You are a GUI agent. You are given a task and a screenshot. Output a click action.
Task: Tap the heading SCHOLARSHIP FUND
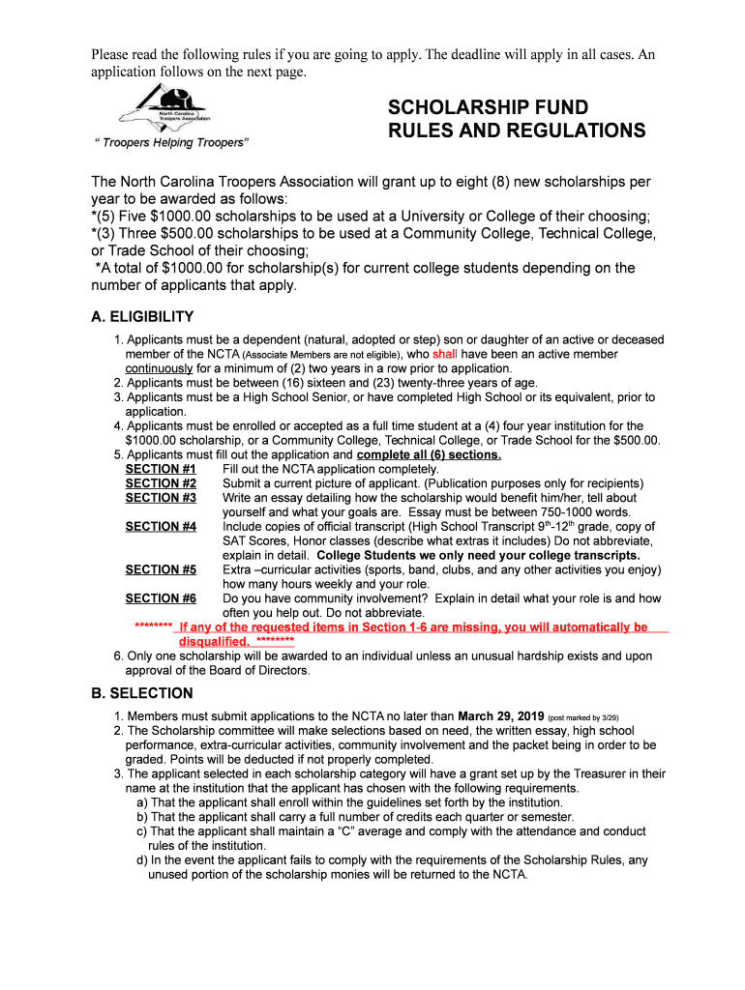coord(488,107)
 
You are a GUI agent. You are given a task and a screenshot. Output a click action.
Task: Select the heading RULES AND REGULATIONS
coord(517,131)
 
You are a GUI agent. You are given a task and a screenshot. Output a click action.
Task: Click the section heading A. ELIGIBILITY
coord(142,316)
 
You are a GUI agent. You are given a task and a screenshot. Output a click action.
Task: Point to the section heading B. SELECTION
coord(141,693)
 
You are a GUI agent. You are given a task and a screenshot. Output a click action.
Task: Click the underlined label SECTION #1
coord(161,469)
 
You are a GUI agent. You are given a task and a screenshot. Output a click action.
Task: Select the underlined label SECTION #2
coord(161,483)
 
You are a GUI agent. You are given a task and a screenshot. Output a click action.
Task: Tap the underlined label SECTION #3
coord(161,498)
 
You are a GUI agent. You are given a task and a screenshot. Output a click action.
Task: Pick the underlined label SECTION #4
coord(161,527)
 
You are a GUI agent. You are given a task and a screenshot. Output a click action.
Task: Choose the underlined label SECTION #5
coord(161,570)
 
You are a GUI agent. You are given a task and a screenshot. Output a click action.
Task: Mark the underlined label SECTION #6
coord(161,599)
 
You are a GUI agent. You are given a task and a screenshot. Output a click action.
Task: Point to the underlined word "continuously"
coord(160,368)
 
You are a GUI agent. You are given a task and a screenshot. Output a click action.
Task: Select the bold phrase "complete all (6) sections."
coord(429,455)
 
